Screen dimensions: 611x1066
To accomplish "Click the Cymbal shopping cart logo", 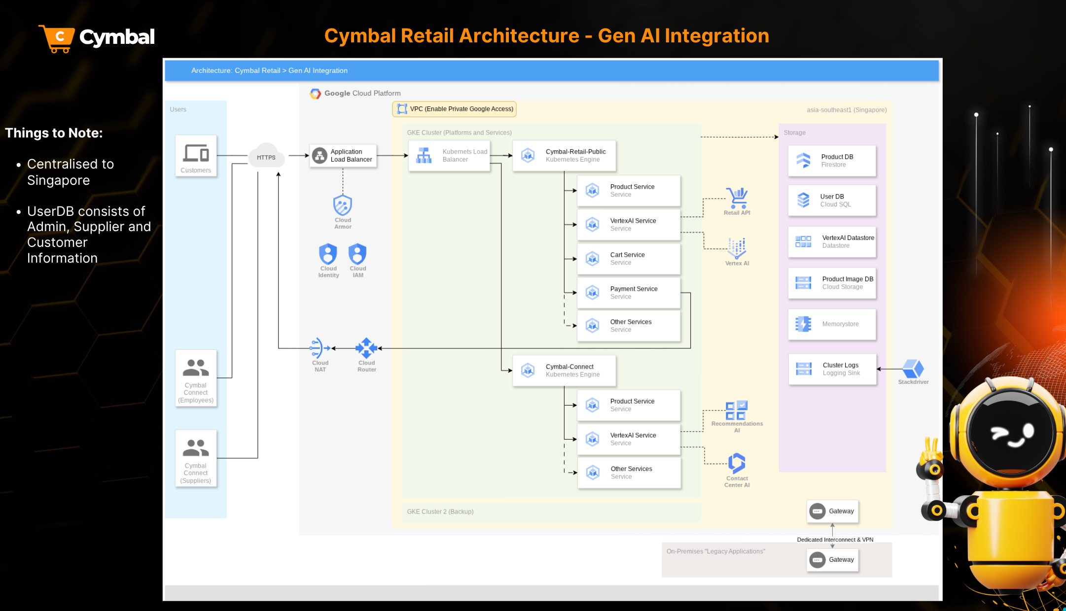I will (x=58, y=38).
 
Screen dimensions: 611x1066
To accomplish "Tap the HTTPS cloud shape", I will (x=266, y=157).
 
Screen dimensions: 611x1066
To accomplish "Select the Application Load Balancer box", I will (x=343, y=156).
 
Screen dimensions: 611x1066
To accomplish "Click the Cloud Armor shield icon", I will (x=343, y=205).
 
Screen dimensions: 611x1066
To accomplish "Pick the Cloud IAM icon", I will (x=357, y=254).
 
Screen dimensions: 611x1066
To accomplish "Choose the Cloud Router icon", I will (x=366, y=348).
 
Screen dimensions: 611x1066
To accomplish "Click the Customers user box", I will (x=196, y=156).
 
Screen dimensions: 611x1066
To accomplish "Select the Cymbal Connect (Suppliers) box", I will (x=196, y=458).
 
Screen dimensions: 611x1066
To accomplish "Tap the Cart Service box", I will (x=629, y=259).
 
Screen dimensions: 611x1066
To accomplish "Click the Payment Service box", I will (x=629, y=293).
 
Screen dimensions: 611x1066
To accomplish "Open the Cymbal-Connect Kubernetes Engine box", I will (x=564, y=371).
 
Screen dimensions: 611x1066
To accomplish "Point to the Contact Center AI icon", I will (x=737, y=463).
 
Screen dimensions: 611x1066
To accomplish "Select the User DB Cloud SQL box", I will (x=832, y=201).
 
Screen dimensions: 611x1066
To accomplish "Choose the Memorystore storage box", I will (x=832, y=324).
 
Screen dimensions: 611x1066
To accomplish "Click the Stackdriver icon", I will (x=913, y=369).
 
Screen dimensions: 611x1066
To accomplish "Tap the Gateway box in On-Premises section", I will (x=832, y=560).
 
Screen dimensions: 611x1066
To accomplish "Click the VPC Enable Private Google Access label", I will (x=454, y=109).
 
